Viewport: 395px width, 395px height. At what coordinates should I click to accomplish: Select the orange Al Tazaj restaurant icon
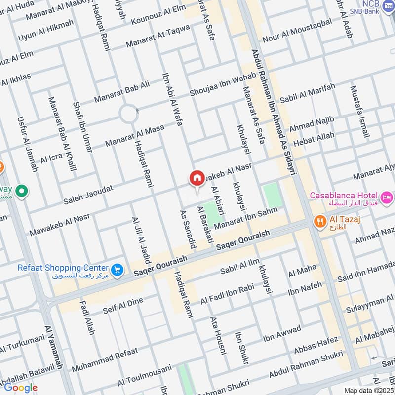tap(320, 222)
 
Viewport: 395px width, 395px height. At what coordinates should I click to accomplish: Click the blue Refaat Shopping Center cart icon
tap(117, 270)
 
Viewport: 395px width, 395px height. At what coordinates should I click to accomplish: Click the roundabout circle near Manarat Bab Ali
tap(128, 115)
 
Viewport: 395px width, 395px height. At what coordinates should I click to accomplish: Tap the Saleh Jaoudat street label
tap(88, 195)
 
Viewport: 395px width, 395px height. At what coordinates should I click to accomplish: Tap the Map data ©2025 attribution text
tap(367, 390)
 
